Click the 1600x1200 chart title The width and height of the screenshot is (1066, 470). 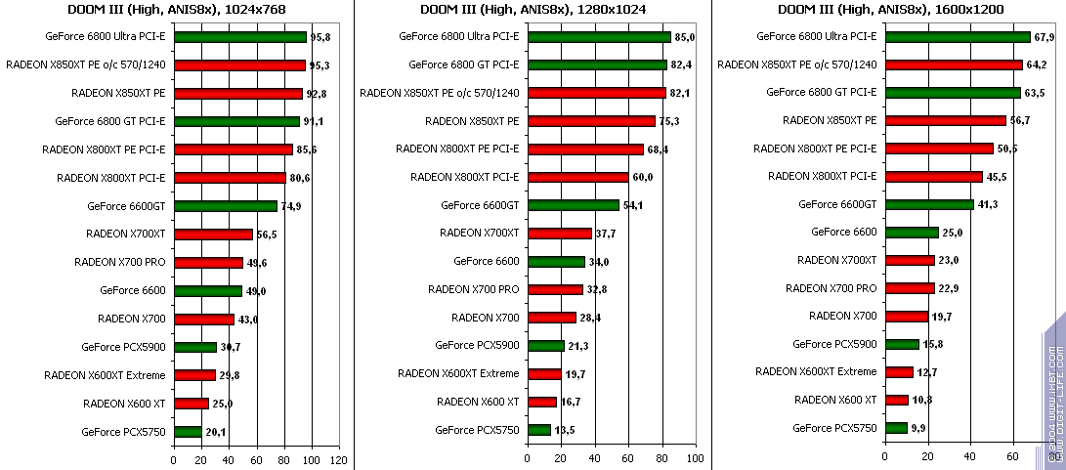coord(890,10)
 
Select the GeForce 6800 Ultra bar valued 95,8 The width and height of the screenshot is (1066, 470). coord(239,37)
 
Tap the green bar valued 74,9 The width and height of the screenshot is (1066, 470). coord(225,206)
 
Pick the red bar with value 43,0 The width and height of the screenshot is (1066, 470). coord(203,320)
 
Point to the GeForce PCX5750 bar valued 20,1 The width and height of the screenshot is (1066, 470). coord(188,432)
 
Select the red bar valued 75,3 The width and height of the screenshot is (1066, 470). coord(591,121)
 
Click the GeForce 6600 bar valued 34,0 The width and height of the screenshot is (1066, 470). coord(556,262)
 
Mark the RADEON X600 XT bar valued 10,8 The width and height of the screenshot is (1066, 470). coord(896,400)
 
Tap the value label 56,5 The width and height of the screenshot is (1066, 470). coord(268,235)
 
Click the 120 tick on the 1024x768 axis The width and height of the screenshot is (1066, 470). coord(339,459)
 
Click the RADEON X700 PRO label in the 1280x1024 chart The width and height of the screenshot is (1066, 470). coord(473,289)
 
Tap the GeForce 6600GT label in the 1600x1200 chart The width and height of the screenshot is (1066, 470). coord(837,204)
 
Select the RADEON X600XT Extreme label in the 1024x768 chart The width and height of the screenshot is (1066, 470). coord(105,374)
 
